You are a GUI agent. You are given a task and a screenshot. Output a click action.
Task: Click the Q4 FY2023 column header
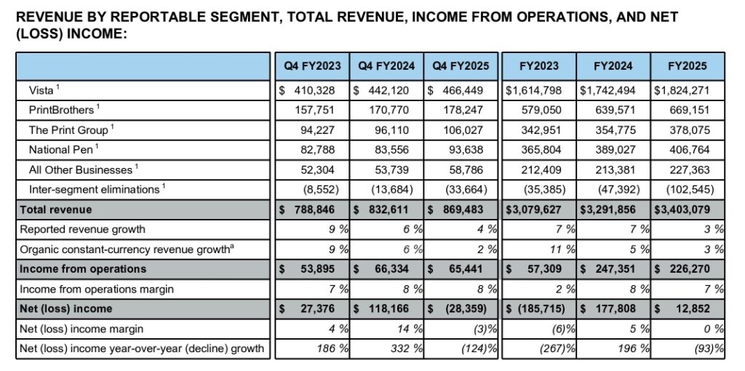tap(313, 66)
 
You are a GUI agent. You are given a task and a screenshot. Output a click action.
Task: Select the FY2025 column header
tap(687, 66)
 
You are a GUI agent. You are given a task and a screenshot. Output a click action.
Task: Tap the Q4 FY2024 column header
tap(387, 66)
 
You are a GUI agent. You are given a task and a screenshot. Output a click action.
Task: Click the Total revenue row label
tap(55, 210)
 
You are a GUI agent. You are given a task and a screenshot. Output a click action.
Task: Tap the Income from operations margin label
tap(97, 289)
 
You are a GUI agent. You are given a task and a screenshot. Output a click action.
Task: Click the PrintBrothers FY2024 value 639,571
tap(621, 110)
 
